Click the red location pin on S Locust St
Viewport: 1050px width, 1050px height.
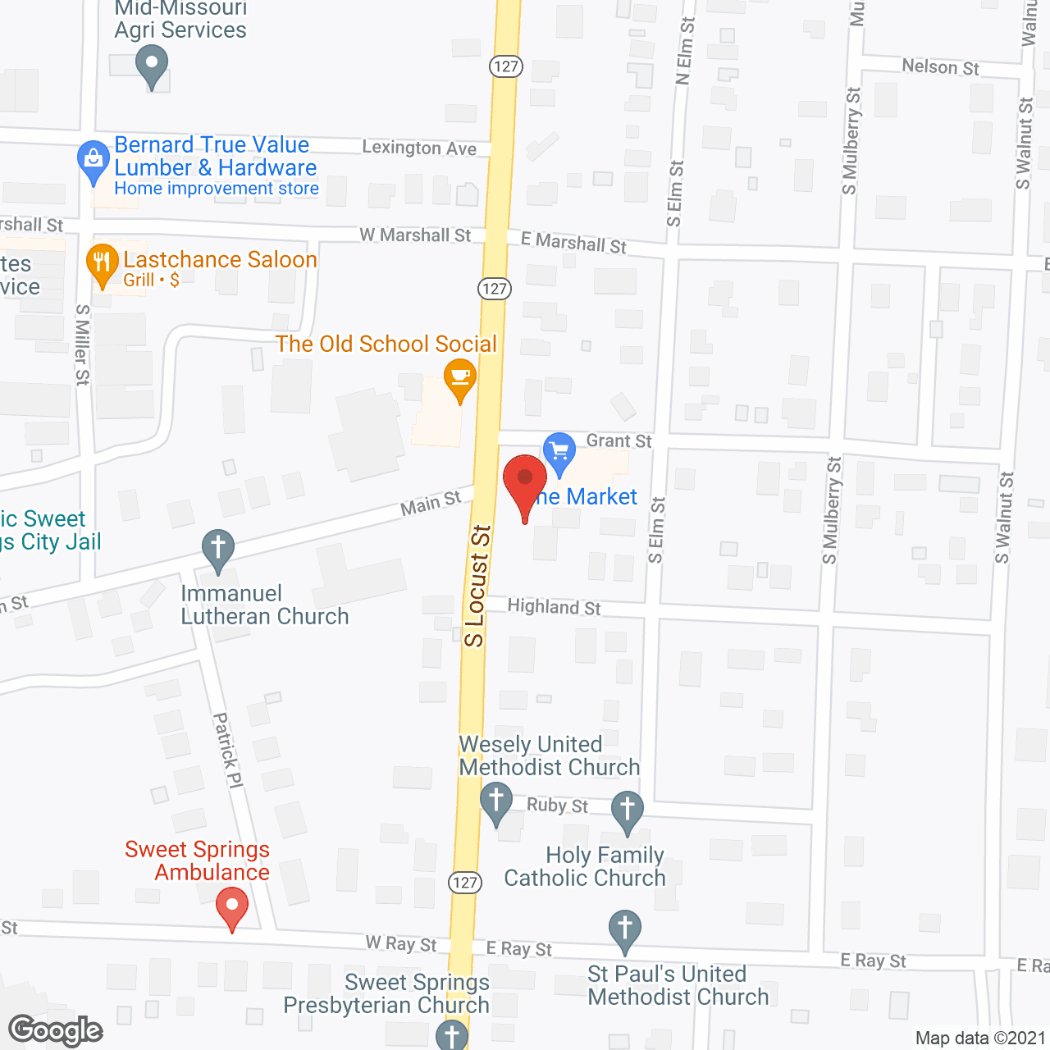[525, 480]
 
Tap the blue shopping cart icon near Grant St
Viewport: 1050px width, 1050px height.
[559, 452]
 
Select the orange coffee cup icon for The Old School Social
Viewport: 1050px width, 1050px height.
[460, 378]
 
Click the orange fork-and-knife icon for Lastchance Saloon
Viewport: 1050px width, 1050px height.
[102, 263]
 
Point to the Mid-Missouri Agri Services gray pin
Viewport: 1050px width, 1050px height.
[151, 63]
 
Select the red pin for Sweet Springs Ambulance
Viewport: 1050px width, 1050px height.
[232, 907]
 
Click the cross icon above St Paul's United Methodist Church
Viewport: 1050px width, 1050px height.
[625, 929]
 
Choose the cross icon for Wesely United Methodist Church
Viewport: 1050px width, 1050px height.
[495, 800]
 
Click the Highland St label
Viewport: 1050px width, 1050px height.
[554, 607]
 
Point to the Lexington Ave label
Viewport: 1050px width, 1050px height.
[419, 148]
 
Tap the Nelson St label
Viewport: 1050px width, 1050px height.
[940, 66]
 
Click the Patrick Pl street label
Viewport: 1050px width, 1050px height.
[228, 751]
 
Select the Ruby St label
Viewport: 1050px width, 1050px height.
[557, 806]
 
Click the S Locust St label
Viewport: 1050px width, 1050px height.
[477, 586]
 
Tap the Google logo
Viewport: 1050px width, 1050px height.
[56, 1030]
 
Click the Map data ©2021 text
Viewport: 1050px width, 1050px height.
[979, 1038]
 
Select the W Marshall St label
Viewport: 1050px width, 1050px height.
[415, 235]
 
